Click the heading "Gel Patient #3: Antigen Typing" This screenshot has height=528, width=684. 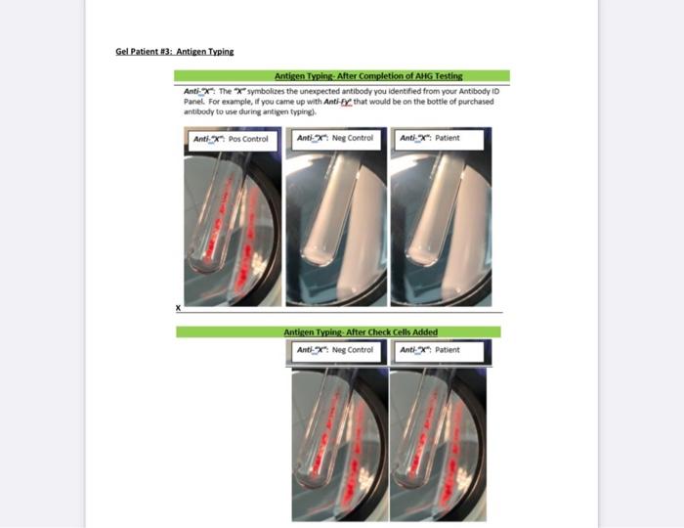tap(175, 51)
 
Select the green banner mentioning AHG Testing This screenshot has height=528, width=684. tap(342, 75)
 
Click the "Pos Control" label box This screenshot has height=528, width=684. tap(231, 139)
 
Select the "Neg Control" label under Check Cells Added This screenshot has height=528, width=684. tap(337, 350)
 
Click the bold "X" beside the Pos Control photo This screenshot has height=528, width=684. tap(178, 308)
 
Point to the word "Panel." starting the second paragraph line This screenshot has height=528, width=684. tap(193, 101)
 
